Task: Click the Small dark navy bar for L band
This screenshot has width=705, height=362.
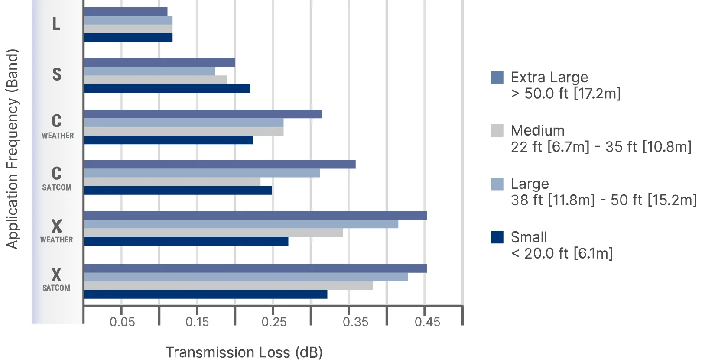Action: coord(128,38)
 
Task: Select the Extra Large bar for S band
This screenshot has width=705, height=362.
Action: coord(159,62)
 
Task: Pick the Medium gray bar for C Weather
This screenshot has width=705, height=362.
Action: coord(184,131)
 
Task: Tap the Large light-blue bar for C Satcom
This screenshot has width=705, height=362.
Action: coord(202,173)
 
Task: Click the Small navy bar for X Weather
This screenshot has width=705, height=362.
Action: coord(186,241)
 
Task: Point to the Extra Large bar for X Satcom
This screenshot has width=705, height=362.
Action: coord(255,268)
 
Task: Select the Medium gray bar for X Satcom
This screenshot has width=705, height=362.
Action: coord(228,286)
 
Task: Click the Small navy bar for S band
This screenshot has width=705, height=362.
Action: coord(167,89)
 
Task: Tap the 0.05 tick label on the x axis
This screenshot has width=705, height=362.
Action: coord(122,322)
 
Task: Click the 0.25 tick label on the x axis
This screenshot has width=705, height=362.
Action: coord(274,322)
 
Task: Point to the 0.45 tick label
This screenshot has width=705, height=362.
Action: coord(427,322)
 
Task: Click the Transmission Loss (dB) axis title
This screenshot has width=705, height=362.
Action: coord(244,352)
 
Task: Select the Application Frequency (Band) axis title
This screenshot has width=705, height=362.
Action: coord(12,149)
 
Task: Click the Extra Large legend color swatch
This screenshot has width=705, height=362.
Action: coord(497,77)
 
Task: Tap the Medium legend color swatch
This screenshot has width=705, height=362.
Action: coord(497,130)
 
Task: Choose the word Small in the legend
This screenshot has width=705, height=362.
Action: coord(529,237)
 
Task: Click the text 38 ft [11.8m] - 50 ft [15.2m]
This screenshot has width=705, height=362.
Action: coord(604,200)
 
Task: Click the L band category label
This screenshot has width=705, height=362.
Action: coord(56,24)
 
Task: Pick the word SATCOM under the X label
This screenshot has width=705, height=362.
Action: coord(56,288)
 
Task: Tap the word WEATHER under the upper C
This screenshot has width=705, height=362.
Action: coord(58,136)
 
